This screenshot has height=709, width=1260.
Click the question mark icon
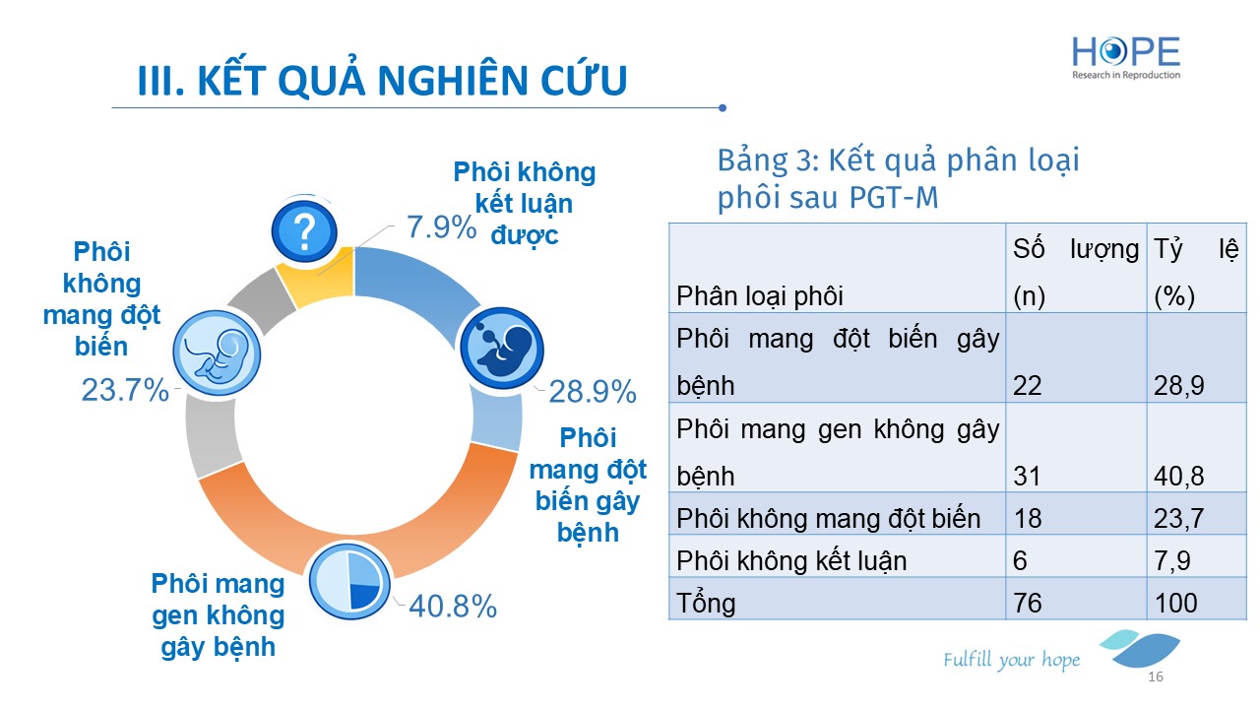point(304,231)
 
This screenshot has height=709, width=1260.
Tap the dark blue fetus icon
point(502,349)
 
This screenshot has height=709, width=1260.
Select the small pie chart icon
point(349,581)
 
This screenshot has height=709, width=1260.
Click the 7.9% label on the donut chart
point(442,227)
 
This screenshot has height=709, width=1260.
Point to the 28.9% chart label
point(593,392)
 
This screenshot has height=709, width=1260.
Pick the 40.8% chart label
point(453,607)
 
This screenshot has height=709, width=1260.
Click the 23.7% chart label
point(125,389)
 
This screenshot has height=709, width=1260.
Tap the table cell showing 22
point(1027,386)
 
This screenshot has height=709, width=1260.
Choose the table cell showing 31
point(1027,476)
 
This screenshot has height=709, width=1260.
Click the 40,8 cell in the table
point(1178,476)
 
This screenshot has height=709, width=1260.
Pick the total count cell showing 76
point(1028,603)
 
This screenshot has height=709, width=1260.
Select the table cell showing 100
point(1175,603)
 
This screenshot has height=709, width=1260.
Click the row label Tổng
point(706,604)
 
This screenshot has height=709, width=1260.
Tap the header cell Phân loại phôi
point(759,296)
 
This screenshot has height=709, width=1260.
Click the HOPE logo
point(1125,57)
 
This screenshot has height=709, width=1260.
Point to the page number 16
point(1156,677)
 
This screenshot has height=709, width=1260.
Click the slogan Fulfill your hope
point(1011,660)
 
